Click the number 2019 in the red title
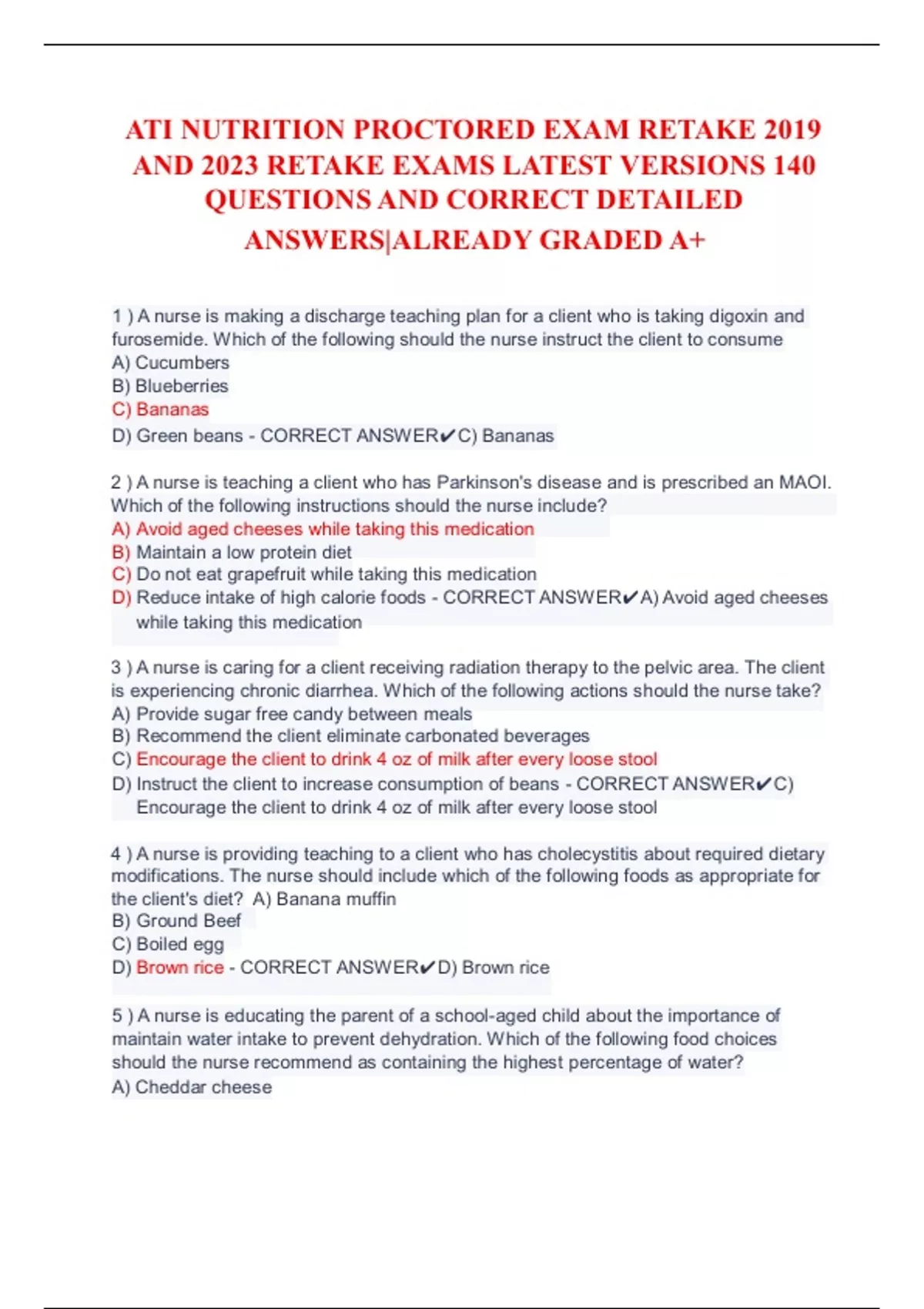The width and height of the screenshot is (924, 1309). coord(792,129)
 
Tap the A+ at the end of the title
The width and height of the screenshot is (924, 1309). coord(688,240)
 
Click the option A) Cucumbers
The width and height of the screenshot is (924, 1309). coord(170,363)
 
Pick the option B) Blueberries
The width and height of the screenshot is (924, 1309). coord(170,386)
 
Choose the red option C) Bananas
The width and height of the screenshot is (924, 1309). coord(160,410)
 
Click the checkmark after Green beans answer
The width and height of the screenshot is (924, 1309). coord(448,437)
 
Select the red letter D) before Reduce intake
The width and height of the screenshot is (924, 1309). coord(121,598)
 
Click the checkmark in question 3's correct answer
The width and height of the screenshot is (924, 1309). coord(763,784)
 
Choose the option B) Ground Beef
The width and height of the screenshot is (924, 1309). coord(176,921)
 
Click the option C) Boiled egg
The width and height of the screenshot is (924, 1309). coord(168,944)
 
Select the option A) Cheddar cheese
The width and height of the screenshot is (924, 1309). coord(192,1087)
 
